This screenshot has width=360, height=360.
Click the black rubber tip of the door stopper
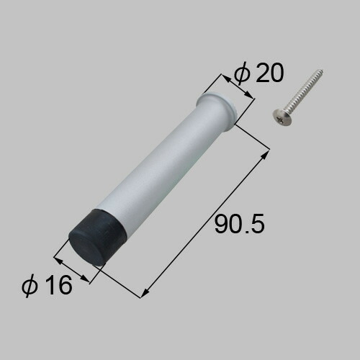98,238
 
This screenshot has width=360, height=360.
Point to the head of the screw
282,117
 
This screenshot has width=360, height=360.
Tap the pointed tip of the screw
322,71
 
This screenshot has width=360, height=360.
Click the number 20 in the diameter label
270,73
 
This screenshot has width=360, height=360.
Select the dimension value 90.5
240,224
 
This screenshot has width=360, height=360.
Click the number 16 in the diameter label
59,285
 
